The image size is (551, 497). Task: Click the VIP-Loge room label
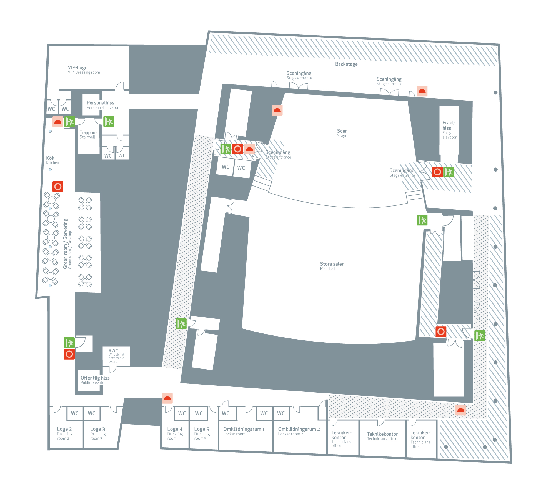coord(78,68)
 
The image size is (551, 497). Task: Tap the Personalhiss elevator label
coord(101,103)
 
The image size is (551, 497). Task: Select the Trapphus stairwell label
coord(89,133)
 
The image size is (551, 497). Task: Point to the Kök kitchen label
coord(50,158)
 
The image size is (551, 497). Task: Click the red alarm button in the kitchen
coord(58,187)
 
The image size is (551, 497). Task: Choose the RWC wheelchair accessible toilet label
coord(113,351)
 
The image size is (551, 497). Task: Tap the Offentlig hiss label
coord(95,378)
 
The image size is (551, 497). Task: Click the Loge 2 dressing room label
coord(64,429)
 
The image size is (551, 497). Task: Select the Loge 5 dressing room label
coord(202,429)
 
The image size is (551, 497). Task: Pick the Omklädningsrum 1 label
coord(244,429)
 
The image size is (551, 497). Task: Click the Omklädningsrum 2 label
coord(299,429)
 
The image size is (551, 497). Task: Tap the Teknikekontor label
coord(382,434)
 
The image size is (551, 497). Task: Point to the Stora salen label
coord(332,264)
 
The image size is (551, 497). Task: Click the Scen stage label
coord(342,131)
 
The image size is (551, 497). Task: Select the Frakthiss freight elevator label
coord(449,125)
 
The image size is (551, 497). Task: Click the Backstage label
coord(346,64)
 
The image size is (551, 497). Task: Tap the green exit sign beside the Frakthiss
coord(449,172)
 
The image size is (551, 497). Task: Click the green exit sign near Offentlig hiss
coord(69,343)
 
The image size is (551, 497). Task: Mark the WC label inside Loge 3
coord(92,413)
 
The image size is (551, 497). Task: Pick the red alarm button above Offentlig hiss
coord(69,354)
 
